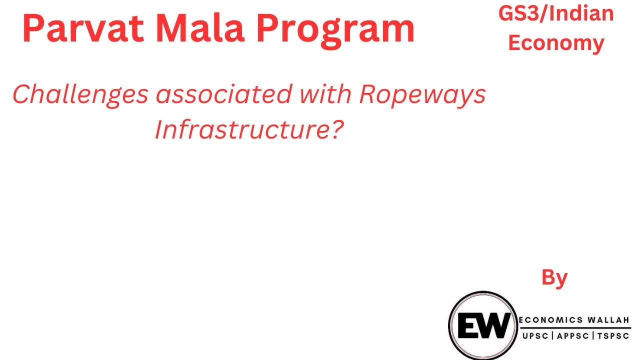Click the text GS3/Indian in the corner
point(556,13)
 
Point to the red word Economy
point(556,43)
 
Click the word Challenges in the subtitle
point(80,94)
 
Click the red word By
point(554,277)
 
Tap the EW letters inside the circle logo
point(482,325)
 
